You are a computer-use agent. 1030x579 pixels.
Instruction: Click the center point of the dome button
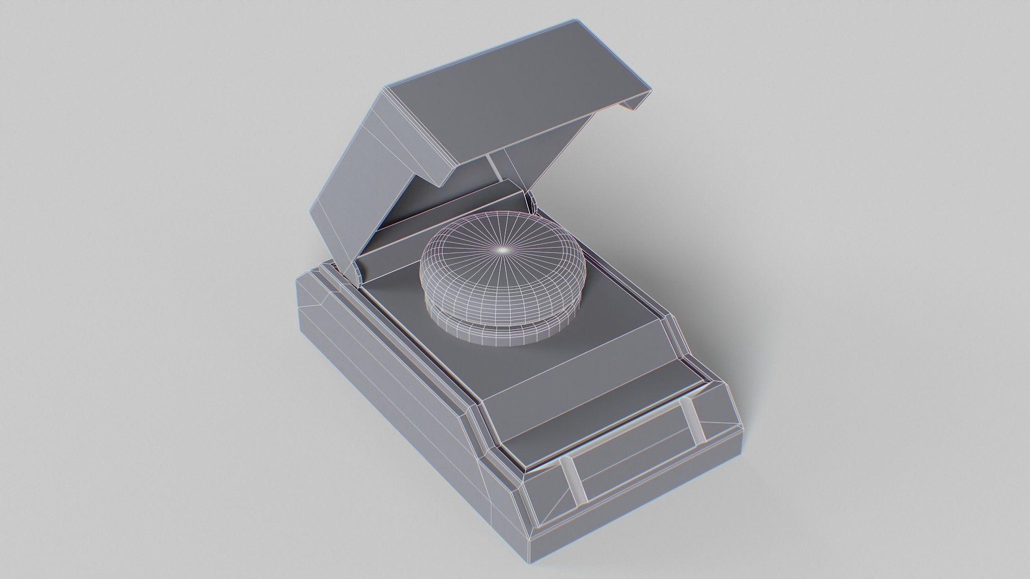[x=503, y=250]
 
